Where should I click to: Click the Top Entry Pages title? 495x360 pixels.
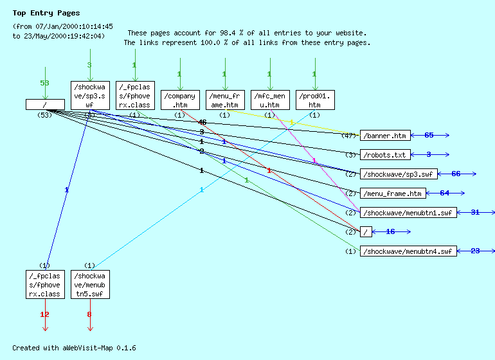[46, 13]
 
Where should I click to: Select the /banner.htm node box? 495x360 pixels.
[384, 136]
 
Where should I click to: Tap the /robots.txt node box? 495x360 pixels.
[384, 155]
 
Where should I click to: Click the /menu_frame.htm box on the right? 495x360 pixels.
[393, 194]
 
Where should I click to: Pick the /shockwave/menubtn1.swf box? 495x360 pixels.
[408, 213]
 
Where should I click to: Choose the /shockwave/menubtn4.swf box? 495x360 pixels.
[408, 251]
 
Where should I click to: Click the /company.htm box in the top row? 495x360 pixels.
[179, 100]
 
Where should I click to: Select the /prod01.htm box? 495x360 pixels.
[314, 100]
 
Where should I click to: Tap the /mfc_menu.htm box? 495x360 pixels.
[269, 100]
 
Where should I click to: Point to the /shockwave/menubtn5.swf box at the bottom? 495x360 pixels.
[90, 285]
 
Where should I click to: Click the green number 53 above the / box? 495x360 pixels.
[45, 84]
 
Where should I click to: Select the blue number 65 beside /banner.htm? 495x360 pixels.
[429, 136]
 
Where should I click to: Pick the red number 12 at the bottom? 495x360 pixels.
[45, 314]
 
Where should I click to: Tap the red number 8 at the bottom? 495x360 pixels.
[90, 314]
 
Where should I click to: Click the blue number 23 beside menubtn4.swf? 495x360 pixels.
[475, 251]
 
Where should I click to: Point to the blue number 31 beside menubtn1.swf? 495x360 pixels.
[475, 213]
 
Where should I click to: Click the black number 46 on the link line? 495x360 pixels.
[203, 122]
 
